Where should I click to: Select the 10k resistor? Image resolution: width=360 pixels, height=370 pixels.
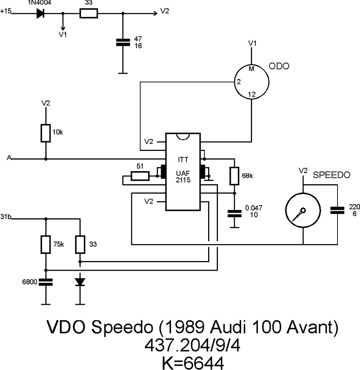(46, 133)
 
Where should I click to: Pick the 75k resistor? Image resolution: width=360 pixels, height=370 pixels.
(46, 245)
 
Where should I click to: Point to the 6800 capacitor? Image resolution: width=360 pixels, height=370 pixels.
(46, 282)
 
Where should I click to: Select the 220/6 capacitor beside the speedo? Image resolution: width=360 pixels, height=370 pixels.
(337, 211)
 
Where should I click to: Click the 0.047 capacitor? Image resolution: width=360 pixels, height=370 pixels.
(234, 214)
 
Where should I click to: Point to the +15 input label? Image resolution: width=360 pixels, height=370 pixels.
(6, 12)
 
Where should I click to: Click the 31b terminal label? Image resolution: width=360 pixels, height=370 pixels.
(6, 217)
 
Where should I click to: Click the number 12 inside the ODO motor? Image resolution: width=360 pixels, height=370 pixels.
(252, 95)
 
